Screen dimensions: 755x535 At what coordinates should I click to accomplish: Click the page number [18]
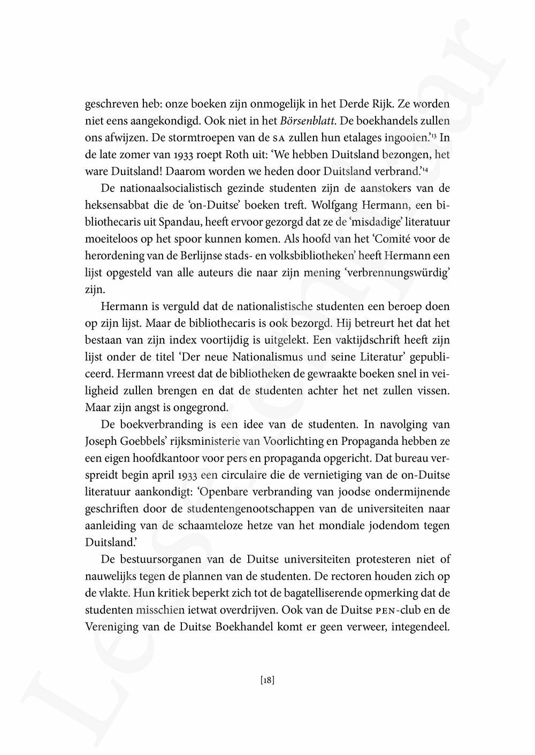click(267, 681)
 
